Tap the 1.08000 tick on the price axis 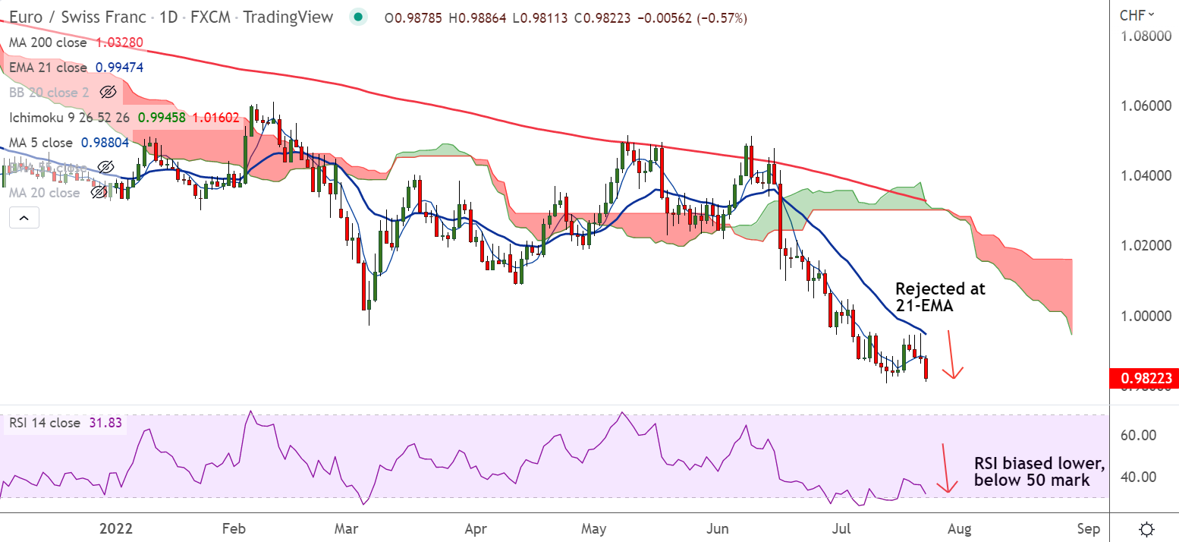click(1144, 36)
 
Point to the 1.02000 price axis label click(1144, 246)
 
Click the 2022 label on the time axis click(118, 528)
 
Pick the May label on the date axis click(594, 528)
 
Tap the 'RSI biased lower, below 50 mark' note click(1039, 472)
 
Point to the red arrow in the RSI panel click(945, 468)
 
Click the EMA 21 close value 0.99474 click(119, 68)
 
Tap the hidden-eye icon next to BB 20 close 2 click(108, 93)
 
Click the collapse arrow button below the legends click(24, 219)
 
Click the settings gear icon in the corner click(1147, 528)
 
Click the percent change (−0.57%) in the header click(717, 17)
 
